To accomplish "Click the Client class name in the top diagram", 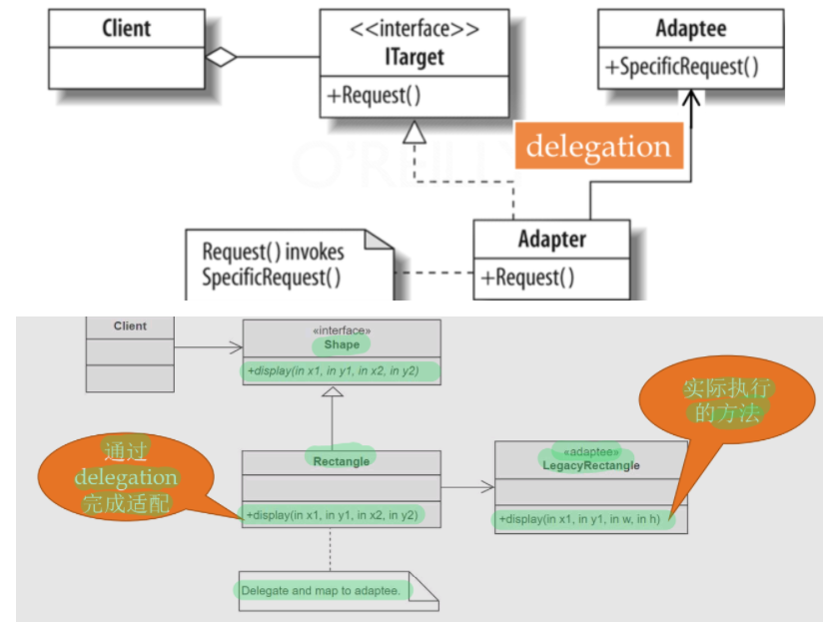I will coord(126,28).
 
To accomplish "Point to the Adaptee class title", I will coord(690,28).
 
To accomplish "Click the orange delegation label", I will coord(599,147).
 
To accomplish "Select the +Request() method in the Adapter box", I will coord(528,277).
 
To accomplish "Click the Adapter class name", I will coord(551,240).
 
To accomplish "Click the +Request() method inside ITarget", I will coord(374,96).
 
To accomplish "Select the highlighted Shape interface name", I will coord(341,344).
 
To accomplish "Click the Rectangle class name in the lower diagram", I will coord(341,460).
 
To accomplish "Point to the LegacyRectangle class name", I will coord(591,466).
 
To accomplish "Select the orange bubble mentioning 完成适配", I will coord(126,477).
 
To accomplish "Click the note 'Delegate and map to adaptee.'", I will coord(322,591).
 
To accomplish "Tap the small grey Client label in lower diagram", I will coord(130,326).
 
